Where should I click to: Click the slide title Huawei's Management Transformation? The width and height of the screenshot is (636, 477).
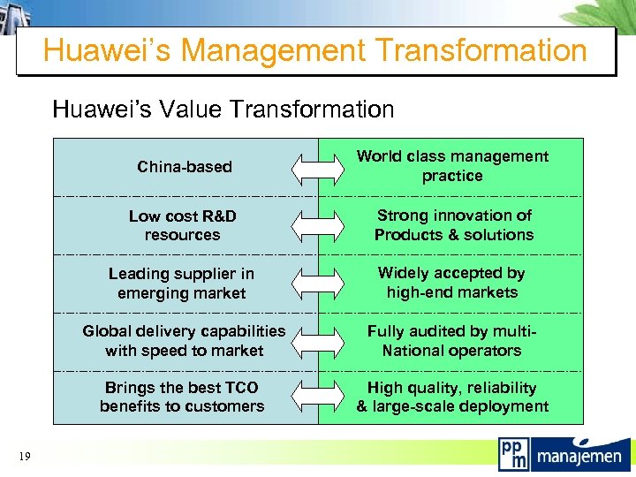click(315, 50)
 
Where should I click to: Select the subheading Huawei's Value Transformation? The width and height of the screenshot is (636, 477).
click(223, 110)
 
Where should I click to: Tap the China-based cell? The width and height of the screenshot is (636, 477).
click(185, 166)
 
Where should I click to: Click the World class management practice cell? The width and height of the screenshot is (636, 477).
click(452, 166)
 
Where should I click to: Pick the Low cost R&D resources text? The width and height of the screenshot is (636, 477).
click(182, 225)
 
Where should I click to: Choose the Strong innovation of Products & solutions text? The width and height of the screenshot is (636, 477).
click(454, 225)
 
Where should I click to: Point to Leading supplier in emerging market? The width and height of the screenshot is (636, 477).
click(182, 284)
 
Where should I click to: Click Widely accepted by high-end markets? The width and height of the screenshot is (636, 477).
click(452, 283)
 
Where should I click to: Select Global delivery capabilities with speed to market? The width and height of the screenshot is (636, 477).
click(184, 341)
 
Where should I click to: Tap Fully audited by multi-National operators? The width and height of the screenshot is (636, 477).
click(452, 341)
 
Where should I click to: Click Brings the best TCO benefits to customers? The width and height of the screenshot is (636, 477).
click(182, 397)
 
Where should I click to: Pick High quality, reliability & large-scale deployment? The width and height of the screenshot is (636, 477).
click(452, 397)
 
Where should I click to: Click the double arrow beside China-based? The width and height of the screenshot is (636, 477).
click(318, 167)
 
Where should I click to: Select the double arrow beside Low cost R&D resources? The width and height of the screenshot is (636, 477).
click(318, 225)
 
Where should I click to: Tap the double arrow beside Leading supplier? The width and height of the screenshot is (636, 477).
click(318, 284)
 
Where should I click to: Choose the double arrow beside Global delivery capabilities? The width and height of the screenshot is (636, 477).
click(318, 342)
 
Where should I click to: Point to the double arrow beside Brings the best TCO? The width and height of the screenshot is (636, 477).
click(318, 397)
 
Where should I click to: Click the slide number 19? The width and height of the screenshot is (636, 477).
click(24, 456)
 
